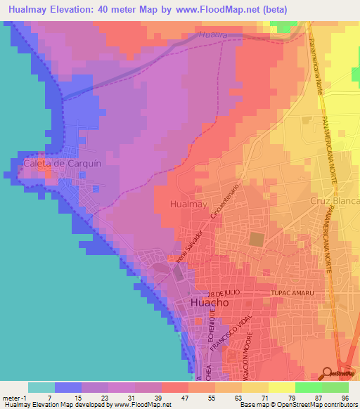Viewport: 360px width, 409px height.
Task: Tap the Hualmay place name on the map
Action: tap(188, 204)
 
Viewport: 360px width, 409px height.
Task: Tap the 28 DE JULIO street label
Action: tap(225, 292)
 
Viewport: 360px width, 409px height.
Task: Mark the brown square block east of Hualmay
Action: tap(257, 239)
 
